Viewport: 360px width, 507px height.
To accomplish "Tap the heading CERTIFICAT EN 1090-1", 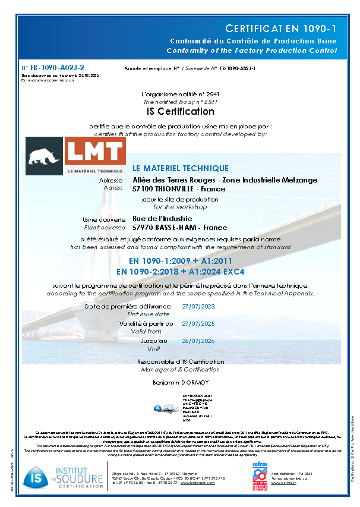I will (281, 29).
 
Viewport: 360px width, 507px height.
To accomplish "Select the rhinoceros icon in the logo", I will (44, 153).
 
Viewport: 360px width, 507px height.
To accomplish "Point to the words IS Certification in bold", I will (180, 111).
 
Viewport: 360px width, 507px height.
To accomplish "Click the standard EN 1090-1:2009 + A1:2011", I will (180, 261).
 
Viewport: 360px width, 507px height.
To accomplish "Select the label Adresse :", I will (112, 180).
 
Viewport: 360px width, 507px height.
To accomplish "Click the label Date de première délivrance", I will (128, 306).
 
